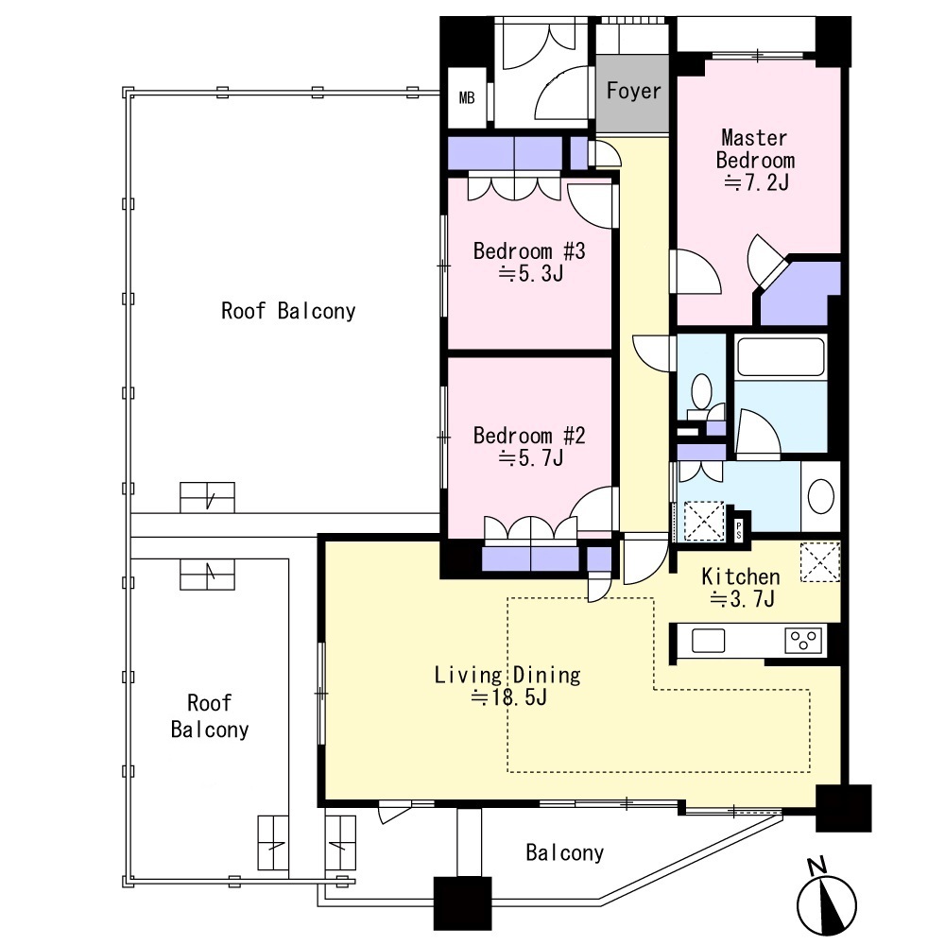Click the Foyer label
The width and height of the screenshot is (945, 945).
click(x=633, y=91)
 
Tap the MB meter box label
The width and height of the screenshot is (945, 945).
click(x=467, y=97)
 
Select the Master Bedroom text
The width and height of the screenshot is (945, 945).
click(x=754, y=149)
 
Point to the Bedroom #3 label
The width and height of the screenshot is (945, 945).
click(x=529, y=250)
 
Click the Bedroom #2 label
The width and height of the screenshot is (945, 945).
click(x=529, y=435)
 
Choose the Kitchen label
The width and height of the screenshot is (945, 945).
click(x=741, y=576)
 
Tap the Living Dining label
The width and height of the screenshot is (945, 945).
click(x=507, y=675)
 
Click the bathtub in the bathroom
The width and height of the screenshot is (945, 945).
click(x=781, y=357)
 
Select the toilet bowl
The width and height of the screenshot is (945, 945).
click(x=701, y=392)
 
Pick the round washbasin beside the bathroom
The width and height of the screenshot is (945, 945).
click(x=820, y=497)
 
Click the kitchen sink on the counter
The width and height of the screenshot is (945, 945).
click(x=708, y=641)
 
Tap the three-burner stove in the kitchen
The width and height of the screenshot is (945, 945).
click(x=803, y=641)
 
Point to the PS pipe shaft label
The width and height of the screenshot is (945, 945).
click(x=739, y=530)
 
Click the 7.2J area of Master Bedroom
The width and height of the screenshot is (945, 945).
click(x=756, y=182)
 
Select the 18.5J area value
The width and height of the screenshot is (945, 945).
click(x=509, y=697)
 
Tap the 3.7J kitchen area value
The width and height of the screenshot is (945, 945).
click(x=742, y=599)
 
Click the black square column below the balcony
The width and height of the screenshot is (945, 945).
click(x=462, y=903)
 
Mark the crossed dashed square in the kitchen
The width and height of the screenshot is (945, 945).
click(x=819, y=562)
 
